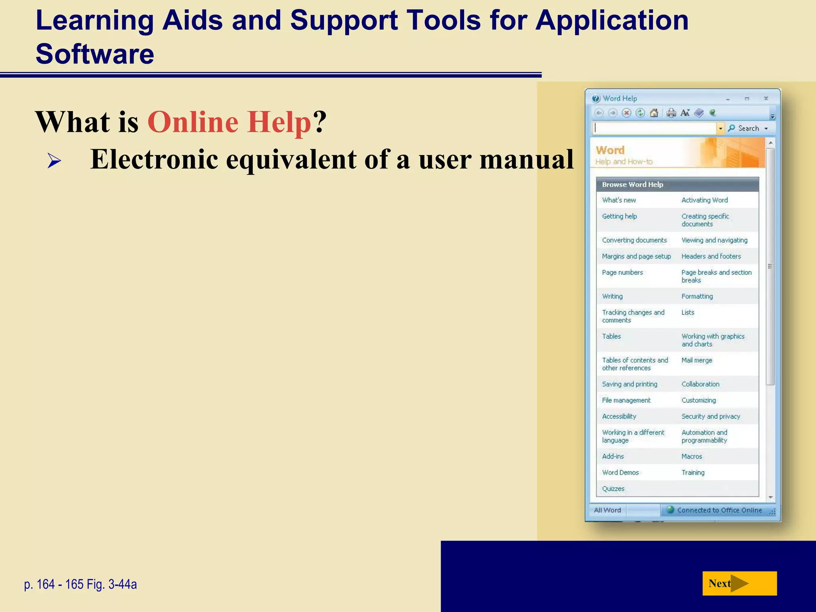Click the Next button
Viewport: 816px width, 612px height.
click(739, 583)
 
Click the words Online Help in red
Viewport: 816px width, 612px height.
click(229, 122)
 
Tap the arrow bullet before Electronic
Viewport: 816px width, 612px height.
click(54, 161)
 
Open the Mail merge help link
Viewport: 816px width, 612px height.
click(696, 360)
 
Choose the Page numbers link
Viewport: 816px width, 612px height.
click(622, 273)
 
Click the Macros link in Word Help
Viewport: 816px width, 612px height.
click(692, 456)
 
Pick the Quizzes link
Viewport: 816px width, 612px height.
click(613, 488)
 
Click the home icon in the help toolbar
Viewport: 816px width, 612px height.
click(654, 113)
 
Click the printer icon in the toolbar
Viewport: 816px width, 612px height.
click(671, 113)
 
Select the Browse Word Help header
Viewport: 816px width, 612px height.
click(632, 184)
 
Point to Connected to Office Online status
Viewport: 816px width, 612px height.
click(719, 510)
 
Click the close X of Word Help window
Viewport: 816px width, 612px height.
click(765, 98)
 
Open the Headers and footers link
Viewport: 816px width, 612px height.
click(711, 256)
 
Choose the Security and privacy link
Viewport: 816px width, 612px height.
click(710, 416)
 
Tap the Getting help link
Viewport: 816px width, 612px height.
click(619, 216)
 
